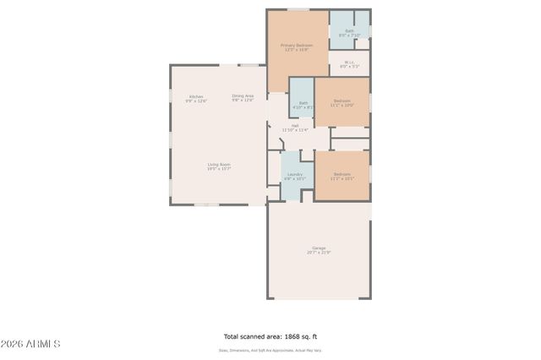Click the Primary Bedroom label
[297, 45]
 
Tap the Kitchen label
[196, 96]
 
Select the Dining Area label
[243, 95]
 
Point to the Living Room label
[219, 164]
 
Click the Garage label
[318, 248]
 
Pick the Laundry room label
[294, 174]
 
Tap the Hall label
[294, 126]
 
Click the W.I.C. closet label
[349, 62]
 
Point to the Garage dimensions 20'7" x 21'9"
[318, 253]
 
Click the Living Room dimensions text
[219, 169]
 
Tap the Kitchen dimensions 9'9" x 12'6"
[196, 101]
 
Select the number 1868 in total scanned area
[284, 335]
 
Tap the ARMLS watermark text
[31, 344]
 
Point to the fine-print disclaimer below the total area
[270, 350]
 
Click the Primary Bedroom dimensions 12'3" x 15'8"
[297, 50]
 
